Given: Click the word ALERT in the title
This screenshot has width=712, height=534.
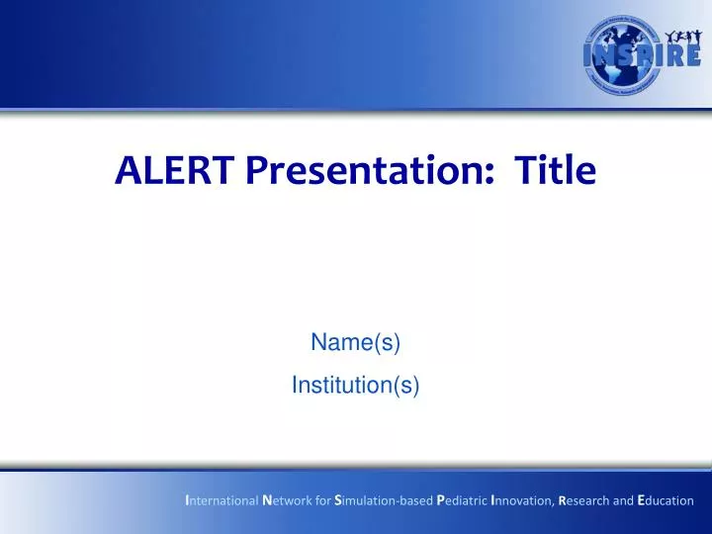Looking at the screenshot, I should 176,172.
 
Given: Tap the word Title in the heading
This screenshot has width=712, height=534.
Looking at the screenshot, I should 555,172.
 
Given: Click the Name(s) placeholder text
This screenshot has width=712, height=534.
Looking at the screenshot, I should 355,342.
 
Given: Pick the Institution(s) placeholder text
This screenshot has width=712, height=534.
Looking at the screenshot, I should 355,385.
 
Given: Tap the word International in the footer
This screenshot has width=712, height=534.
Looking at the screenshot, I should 222,500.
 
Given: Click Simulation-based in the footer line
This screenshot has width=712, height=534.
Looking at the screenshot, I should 384,500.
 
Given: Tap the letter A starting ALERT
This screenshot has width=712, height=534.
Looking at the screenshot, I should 127,172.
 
